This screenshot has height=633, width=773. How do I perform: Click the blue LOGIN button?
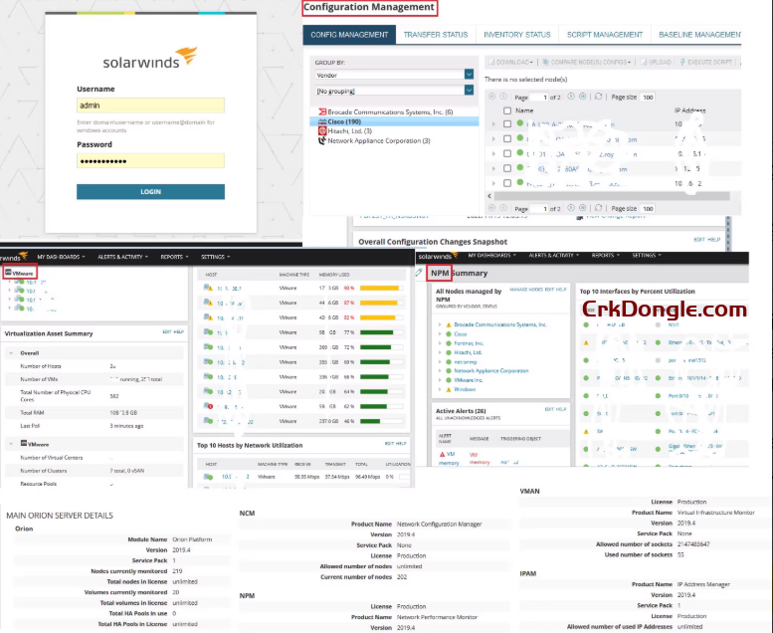pos(150,192)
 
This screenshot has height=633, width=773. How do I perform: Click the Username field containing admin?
pos(150,105)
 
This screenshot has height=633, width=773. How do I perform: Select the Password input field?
pos(150,160)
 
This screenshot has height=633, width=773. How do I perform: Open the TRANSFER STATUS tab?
pos(435,35)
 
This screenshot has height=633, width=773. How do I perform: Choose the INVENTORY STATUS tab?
pos(516,35)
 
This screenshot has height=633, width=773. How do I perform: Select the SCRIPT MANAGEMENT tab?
pos(605,35)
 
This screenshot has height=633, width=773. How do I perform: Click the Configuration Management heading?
pos(368,8)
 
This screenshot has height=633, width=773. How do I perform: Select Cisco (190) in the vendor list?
pos(344,121)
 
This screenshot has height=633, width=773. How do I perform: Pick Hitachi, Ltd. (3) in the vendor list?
pos(349,130)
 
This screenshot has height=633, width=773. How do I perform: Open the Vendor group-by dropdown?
pos(469,75)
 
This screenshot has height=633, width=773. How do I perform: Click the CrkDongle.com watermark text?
pos(665,310)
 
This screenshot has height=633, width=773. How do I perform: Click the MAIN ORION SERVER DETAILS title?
pos(60,516)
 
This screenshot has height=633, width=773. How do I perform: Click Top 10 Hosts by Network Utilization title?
pos(263,444)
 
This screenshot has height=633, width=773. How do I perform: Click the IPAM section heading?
pos(528,574)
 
